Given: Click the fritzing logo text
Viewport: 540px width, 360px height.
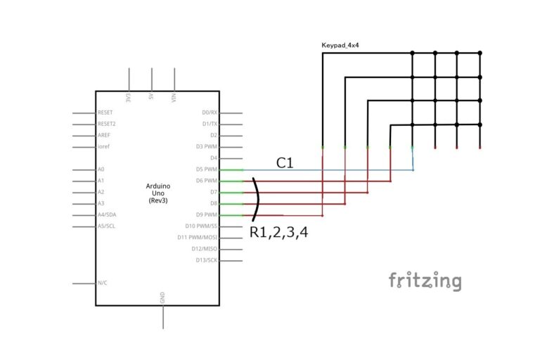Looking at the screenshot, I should pos(425,281).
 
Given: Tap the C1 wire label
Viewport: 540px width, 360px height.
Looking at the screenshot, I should pos(284,163).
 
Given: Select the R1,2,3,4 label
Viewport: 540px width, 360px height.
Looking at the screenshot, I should pos(278,232).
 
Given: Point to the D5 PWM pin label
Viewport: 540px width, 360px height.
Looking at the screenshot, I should pos(207,169).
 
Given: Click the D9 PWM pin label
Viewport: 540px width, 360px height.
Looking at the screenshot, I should pos(207,214).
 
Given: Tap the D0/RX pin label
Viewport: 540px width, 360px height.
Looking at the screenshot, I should pos(210,112).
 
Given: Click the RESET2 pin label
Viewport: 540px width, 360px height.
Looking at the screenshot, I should pos(107,124).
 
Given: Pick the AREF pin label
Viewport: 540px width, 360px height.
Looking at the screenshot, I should pos(105,135).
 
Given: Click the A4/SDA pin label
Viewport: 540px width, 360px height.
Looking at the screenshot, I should pos(108,214).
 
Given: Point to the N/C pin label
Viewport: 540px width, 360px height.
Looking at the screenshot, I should pos(103,283).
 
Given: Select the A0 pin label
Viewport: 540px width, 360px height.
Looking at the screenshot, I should pos(101,169).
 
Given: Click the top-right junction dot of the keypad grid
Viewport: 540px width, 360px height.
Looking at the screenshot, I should pos(480,53).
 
